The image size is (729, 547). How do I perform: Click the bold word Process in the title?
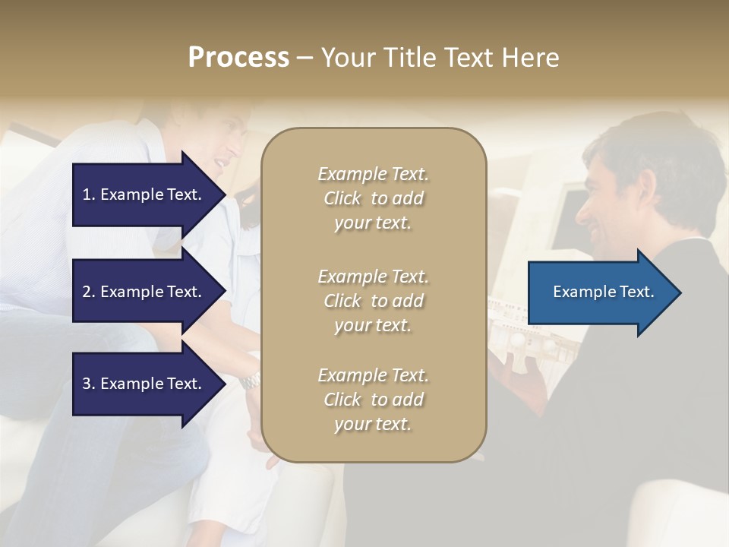[x=238, y=58]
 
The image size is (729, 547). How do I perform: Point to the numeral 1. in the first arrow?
[x=89, y=194]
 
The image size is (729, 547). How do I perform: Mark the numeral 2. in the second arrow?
[x=89, y=292]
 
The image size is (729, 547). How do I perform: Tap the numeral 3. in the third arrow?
[x=89, y=384]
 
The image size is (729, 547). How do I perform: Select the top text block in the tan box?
[x=373, y=198]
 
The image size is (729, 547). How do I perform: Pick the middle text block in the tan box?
[x=373, y=301]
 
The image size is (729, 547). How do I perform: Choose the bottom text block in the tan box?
[x=373, y=400]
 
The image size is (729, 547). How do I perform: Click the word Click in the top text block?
[x=342, y=198]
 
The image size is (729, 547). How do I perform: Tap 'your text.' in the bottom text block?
[x=373, y=424]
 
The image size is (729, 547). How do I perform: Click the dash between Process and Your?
[x=305, y=58]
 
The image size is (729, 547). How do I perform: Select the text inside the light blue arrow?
[x=604, y=292]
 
